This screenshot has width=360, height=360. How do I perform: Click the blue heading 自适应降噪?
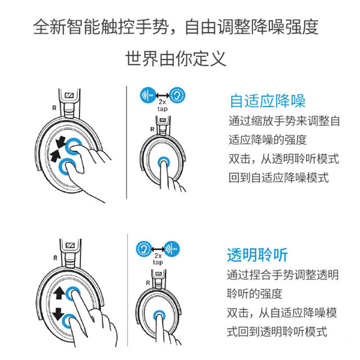267,102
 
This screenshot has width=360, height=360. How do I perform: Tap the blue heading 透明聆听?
258,255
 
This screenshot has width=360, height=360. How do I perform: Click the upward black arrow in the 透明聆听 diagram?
58,293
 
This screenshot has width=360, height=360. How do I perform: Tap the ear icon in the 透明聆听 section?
144,248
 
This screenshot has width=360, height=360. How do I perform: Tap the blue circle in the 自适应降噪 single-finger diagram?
164,161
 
